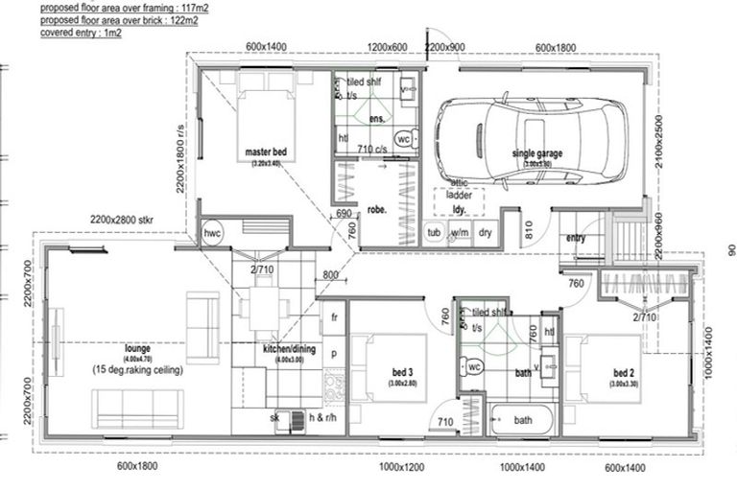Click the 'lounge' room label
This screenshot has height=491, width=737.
pyautogui.click(x=140, y=348)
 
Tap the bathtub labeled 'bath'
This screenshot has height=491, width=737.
pyautogui.click(x=523, y=420)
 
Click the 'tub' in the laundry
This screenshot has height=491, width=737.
pyautogui.click(x=434, y=232)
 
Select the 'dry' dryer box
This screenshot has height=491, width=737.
pyautogui.click(x=486, y=232)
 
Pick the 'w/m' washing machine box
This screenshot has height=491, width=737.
pyautogui.click(x=460, y=232)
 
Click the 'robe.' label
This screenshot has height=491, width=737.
pyautogui.click(x=376, y=210)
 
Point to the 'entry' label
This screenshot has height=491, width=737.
pyautogui.click(x=576, y=238)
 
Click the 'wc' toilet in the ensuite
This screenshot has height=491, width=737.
pyautogui.click(x=404, y=138)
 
